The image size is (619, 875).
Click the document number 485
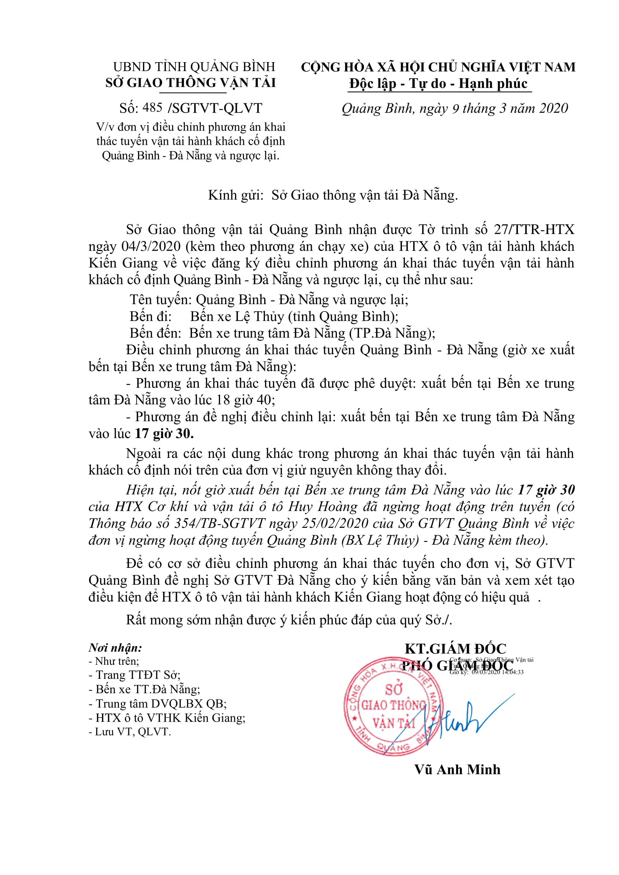(152, 108)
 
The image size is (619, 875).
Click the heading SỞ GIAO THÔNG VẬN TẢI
(190, 83)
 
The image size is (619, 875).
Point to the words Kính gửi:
(236, 196)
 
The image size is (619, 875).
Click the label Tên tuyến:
(161, 300)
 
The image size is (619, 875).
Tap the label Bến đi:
(151, 317)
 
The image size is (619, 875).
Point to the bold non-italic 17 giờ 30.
(164, 434)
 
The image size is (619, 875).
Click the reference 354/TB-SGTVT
(219, 524)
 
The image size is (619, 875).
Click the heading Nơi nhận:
(115, 648)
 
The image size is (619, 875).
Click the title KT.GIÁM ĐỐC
(455, 649)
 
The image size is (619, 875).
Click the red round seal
(393, 707)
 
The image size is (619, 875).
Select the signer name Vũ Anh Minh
(457, 770)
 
